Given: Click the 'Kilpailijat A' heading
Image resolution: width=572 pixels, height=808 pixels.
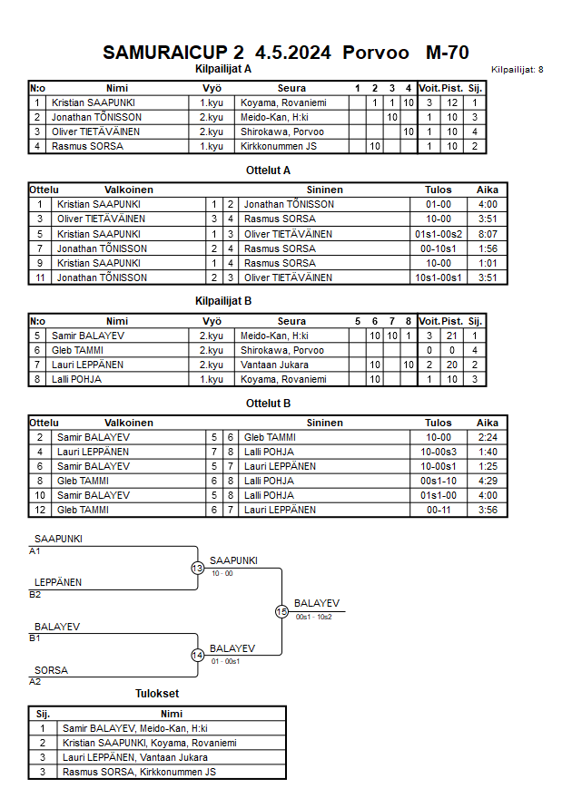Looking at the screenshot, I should tap(223, 69).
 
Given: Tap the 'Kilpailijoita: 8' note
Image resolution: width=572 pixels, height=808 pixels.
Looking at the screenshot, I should tap(517, 70).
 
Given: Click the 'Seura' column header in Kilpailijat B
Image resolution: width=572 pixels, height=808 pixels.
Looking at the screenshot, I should tap(291, 321).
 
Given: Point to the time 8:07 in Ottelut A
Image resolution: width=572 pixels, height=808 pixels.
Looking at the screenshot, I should tap(488, 234).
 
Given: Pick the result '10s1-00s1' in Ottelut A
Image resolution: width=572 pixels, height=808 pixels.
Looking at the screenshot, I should tap(438, 277).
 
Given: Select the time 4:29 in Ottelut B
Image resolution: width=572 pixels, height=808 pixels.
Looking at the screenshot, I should tap(488, 481).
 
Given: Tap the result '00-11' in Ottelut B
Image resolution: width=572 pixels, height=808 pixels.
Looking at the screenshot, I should tap(438, 510).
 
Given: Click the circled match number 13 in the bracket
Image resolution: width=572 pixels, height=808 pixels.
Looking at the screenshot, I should tap(197, 568).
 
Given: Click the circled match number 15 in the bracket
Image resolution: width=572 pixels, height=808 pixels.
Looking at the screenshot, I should tap(281, 612).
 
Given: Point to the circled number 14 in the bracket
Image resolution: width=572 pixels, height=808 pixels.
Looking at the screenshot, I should tap(197, 655).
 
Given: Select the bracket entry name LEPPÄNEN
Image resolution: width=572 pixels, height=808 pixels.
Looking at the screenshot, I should tap(58, 582).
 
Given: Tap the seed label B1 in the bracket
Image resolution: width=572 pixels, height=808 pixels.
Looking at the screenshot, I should tap(35, 638).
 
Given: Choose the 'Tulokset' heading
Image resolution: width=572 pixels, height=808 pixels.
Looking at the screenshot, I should tap(156, 694).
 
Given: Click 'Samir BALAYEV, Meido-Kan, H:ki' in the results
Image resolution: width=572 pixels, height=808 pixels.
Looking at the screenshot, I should tap(134, 728).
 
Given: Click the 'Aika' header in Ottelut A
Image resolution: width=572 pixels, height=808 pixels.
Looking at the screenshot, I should tap(488, 190).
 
